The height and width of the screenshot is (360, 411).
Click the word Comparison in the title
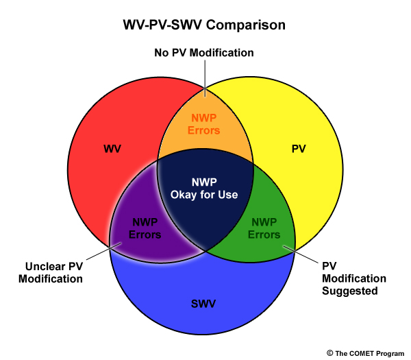point(246,25)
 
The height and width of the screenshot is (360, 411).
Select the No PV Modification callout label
point(204,53)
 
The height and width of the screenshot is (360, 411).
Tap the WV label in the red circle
point(112,149)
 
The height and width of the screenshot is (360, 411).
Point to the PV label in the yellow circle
point(299,149)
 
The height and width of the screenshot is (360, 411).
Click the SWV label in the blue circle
point(203,304)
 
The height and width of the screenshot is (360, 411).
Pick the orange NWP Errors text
point(204,124)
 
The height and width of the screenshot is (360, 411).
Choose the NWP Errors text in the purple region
point(145,228)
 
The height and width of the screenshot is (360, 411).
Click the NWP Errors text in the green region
point(264,228)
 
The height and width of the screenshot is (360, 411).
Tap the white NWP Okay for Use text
point(204,189)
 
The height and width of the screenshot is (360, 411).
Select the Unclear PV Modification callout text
point(51,273)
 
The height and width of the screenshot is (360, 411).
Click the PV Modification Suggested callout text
point(354,278)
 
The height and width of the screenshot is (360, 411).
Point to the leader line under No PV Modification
point(205,78)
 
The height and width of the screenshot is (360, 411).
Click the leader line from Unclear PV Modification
point(104,252)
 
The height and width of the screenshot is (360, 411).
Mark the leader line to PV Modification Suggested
point(301,254)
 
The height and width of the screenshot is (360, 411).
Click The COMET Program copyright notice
point(366,353)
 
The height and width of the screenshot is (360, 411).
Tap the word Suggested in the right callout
point(350,291)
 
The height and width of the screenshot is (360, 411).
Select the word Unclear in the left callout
point(42,266)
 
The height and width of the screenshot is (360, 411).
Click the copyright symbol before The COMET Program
point(329,353)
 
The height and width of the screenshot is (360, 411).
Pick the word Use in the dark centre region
point(229,195)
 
